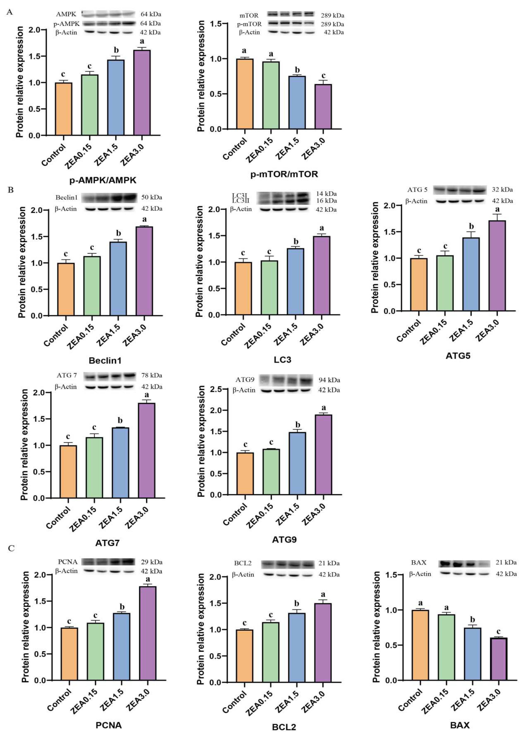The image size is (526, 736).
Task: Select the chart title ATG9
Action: pos(284,539)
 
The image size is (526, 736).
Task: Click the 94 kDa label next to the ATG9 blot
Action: pos(329,380)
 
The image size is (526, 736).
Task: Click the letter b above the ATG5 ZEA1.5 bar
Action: pos(471,226)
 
